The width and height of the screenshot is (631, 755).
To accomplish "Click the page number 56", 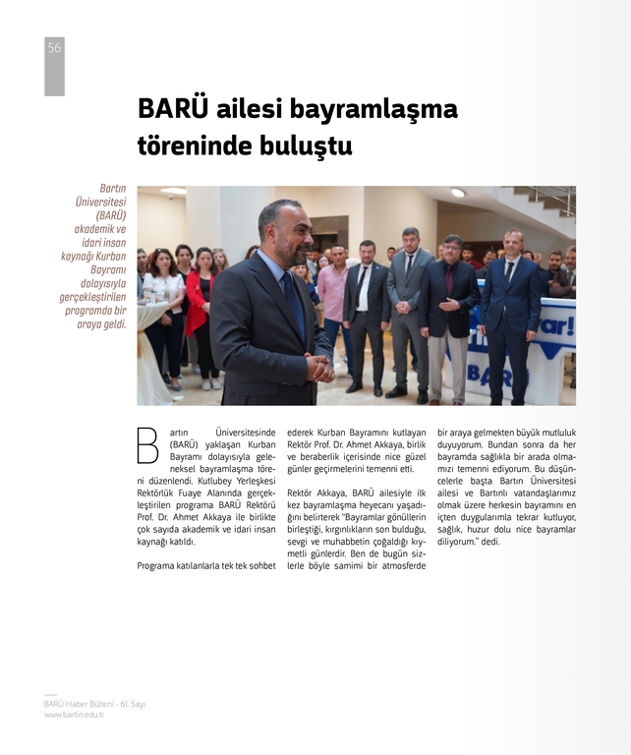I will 54,47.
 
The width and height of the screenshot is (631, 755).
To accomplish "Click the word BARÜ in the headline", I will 173,108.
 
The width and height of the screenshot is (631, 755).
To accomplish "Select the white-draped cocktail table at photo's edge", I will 150,349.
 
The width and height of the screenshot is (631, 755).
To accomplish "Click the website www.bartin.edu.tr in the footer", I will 74,715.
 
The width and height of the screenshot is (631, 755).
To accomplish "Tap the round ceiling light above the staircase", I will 458,193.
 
